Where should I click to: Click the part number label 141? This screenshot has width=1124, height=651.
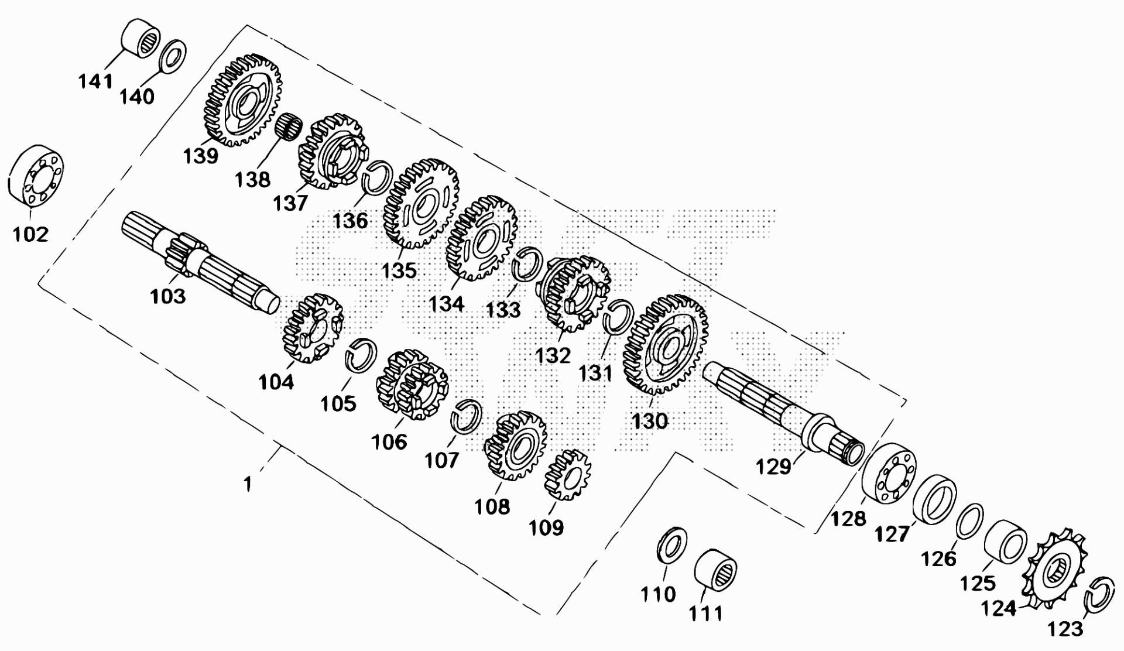pos(96,80)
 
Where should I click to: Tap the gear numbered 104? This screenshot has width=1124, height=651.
pos(312,328)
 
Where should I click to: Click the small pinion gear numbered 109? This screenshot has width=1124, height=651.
pos(568,474)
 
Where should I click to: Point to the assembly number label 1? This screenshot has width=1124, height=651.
pos(248,485)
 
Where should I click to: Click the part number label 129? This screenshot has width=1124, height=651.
pos(773,467)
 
